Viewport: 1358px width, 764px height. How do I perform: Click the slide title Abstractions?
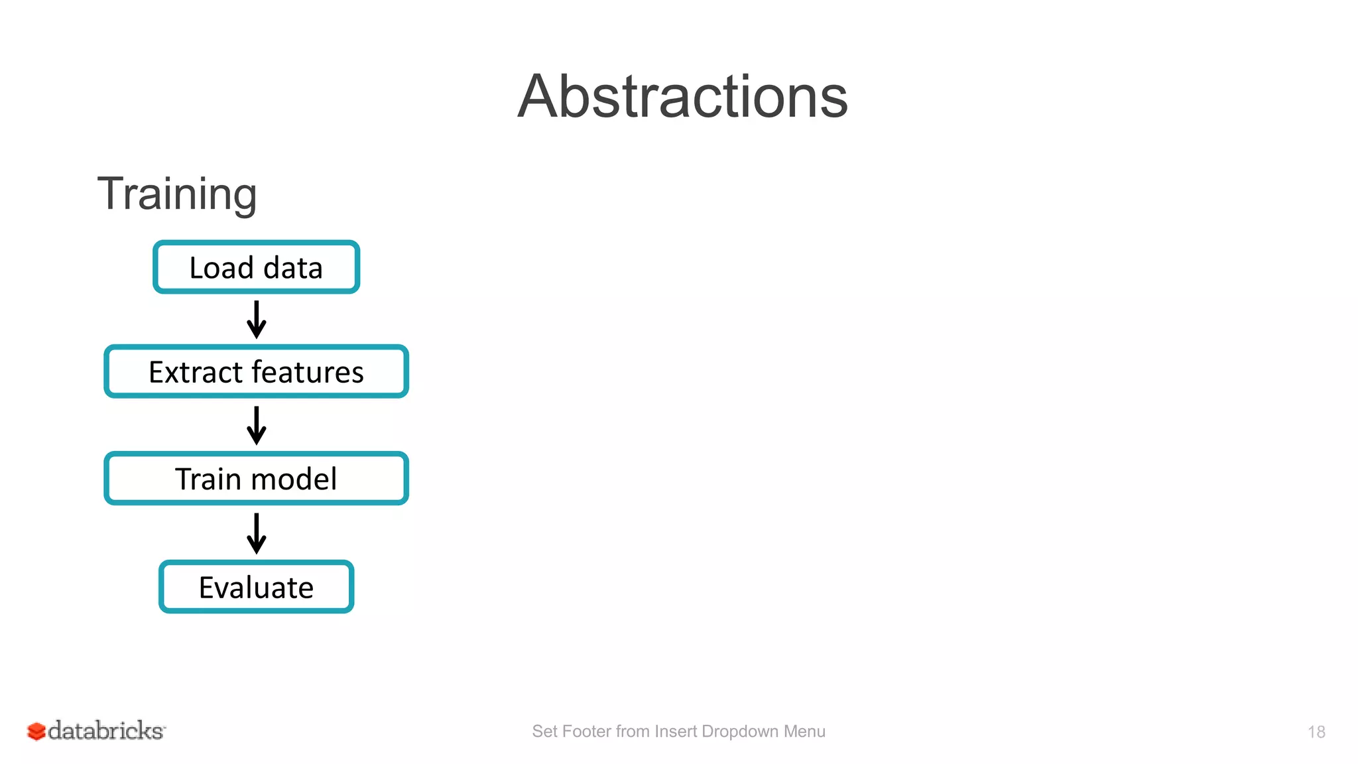(x=682, y=97)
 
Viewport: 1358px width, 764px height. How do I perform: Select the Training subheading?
(x=177, y=194)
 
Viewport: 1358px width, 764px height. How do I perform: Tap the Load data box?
(x=256, y=267)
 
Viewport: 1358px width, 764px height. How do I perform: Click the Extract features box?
(x=256, y=371)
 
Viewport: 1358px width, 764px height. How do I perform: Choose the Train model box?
(x=256, y=478)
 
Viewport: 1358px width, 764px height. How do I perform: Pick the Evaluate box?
(x=256, y=587)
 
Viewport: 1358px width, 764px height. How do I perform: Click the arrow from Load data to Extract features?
(x=256, y=320)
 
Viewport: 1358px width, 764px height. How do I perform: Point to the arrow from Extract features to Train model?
(x=256, y=425)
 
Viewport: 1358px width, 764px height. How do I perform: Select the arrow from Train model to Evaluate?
(x=256, y=533)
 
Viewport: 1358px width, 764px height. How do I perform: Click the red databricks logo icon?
(x=36, y=731)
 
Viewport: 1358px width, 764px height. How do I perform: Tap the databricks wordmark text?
(x=106, y=730)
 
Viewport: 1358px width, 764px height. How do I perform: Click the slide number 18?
(x=1316, y=732)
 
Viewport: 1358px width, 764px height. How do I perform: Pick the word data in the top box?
(x=292, y=267)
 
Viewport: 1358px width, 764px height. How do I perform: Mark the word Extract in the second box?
(x=195, y=371)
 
